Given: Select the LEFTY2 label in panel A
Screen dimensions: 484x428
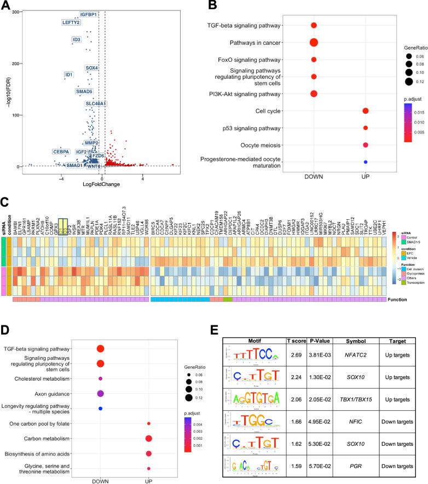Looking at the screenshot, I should pyautogui.click(x=71, y=22).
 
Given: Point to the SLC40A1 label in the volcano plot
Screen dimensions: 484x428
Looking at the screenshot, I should pyautogui.click(x=96, y=103).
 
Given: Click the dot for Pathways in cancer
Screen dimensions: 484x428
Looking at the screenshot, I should pyautogui.click(x=314, y=42).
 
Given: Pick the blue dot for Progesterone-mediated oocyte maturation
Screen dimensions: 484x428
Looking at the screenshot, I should pyautogui.click(x=365, y=162).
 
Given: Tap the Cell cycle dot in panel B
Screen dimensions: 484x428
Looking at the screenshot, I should pyautogui.click(x=365, y=111).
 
